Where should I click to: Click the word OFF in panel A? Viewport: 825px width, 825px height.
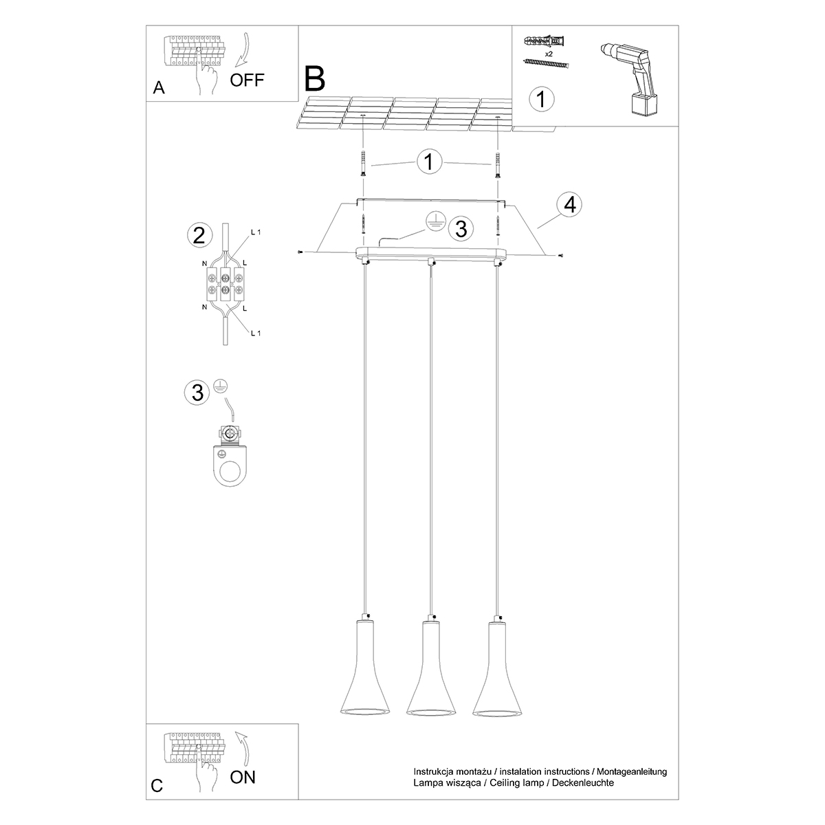(247, 80)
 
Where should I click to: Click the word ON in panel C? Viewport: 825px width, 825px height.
(243, 778)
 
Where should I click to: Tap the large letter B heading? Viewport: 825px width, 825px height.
(315, 80)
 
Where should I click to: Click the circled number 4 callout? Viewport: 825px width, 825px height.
(569, 205)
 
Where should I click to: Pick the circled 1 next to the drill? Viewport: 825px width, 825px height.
(541, 99)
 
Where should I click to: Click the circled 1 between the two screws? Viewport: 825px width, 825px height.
(429, 162)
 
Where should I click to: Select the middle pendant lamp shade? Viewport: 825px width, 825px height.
(430, 670)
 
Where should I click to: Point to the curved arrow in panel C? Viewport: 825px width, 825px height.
(240, 745)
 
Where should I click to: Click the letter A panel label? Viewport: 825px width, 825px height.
(159, 87)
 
